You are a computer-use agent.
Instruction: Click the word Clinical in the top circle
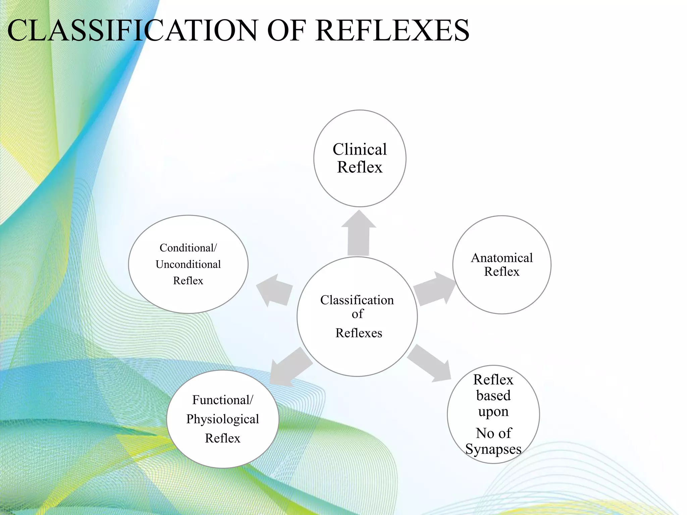[360, 149]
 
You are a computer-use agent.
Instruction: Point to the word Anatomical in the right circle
[502, 258]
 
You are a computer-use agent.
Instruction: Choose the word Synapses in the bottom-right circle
[493, 449]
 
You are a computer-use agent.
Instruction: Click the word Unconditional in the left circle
[188, 264]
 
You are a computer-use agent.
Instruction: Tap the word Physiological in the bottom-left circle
[222, 419]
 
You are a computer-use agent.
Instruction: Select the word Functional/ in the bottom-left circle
[223, 400]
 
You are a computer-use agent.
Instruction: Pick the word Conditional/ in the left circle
[188, 248]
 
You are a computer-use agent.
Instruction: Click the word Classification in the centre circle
[357, 300]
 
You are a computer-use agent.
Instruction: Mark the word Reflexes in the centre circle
[359, 333]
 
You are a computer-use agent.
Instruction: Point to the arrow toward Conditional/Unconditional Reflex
[274, 290]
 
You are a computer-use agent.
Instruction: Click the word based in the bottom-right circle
[493, 396]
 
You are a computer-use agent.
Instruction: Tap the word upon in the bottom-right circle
[493, 412]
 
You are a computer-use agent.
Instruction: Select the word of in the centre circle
[357, 314]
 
